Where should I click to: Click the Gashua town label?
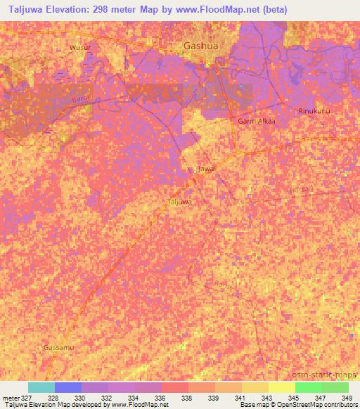[x=198, y=46]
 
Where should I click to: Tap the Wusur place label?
[x=81, y=47]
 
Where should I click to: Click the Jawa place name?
[x=206, y=169]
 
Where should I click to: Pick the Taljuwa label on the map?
[x=180, y=202]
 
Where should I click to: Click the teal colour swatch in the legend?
[x=41, y=387]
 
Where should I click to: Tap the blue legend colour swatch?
[x=68, y=387]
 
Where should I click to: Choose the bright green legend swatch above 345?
[x=309, y=387]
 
